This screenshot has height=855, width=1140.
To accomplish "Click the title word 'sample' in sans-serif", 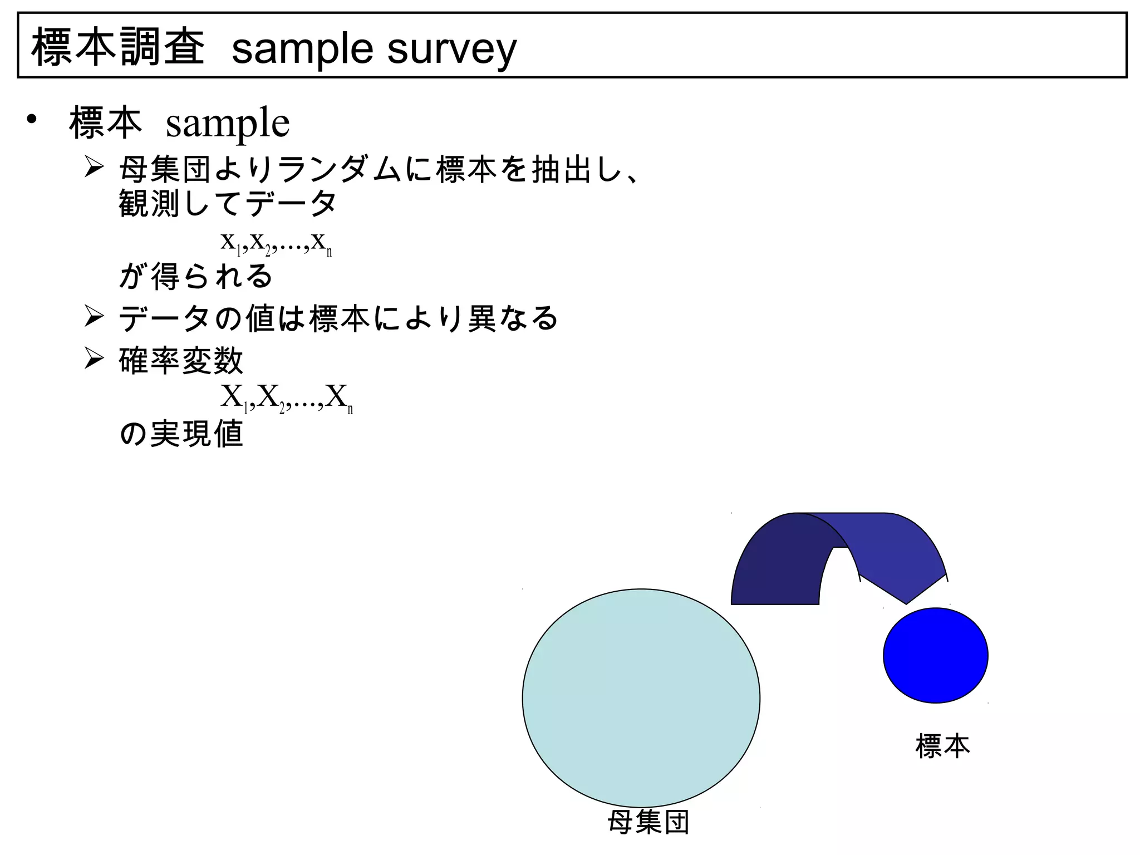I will (302, 49).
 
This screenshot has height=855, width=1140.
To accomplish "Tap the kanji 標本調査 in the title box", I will (118, 47).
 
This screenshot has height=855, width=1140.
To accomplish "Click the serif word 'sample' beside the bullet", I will (228, 123).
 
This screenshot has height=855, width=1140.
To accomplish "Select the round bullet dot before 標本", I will (32, 119).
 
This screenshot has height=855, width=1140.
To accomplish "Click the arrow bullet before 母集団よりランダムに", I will (94, 167).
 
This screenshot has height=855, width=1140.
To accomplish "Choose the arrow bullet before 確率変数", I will (94, 358).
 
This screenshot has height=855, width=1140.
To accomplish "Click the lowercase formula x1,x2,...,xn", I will (276, 243).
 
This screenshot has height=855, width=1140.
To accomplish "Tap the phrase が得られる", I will (195, 277).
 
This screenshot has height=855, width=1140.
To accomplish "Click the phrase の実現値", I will (181, 434).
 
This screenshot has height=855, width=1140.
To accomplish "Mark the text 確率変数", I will (181, 360).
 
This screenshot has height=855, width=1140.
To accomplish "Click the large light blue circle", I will (641, 697).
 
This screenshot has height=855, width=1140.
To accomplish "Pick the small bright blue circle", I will (935, 655).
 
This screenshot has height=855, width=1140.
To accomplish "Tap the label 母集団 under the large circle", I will (648, 822).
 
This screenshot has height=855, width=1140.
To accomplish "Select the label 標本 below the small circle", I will (942, 746).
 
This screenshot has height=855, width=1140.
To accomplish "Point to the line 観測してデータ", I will (228, 203).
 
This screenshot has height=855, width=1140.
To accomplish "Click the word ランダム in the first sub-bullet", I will (339, 169).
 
